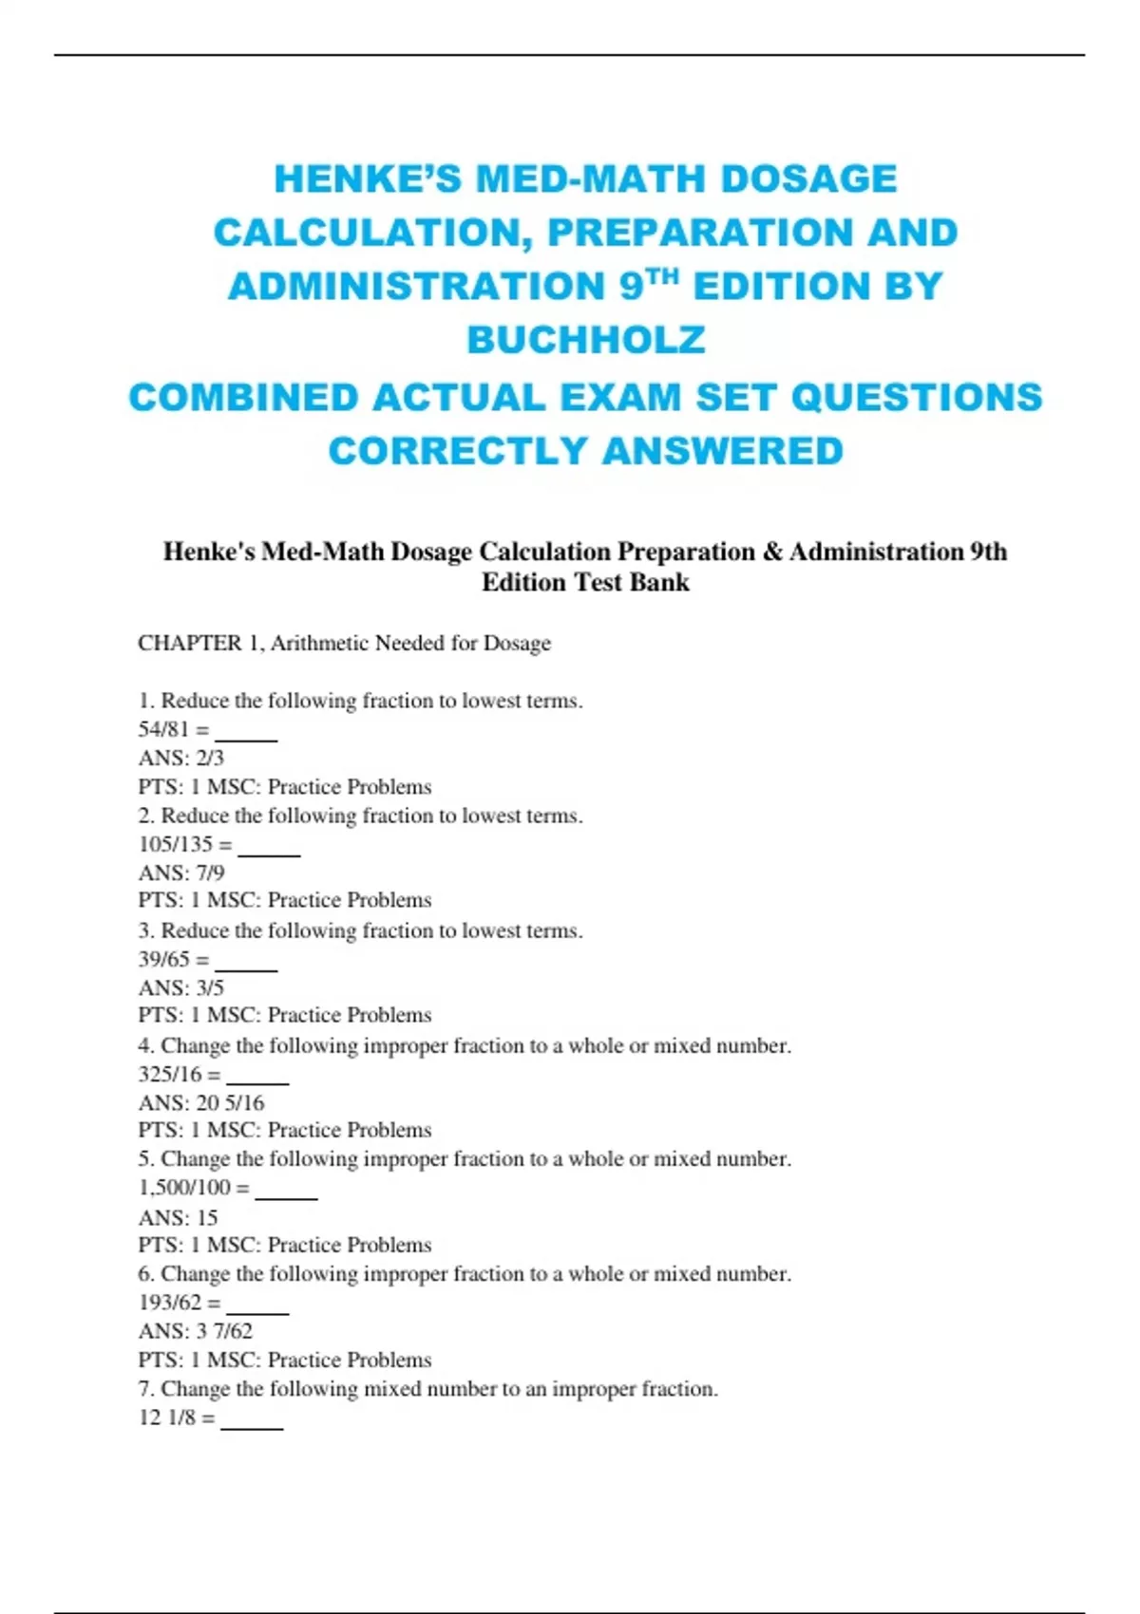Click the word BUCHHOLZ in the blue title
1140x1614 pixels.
585,340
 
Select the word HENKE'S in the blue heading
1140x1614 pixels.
369,179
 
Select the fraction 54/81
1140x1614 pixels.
163,729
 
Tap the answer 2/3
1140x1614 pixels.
210,758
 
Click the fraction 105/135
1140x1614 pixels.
176,844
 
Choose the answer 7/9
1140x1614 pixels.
210,873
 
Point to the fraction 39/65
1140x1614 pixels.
163,959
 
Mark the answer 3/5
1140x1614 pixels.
210,987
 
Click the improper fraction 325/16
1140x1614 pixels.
170,1074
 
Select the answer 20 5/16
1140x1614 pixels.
230,1102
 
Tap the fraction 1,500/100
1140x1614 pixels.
184,1187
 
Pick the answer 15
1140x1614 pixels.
207,1217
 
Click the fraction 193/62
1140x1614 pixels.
170,1302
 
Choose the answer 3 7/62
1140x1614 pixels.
224,1330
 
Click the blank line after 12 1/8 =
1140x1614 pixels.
252,1424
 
